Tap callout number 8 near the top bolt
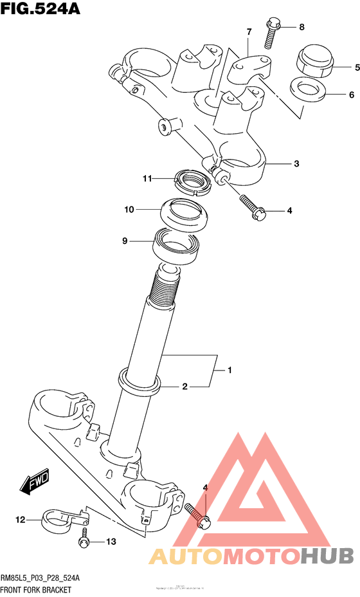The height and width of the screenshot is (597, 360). (301, 26)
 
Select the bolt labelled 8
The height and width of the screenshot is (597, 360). (271, 32)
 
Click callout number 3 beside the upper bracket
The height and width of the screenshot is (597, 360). (296, 163)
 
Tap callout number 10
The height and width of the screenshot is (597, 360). (129, 209)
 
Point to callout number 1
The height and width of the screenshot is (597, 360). (229, 370)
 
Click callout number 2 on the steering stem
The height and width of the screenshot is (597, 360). (184, 387)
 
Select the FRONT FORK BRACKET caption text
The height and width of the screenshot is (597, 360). (36, 590)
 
